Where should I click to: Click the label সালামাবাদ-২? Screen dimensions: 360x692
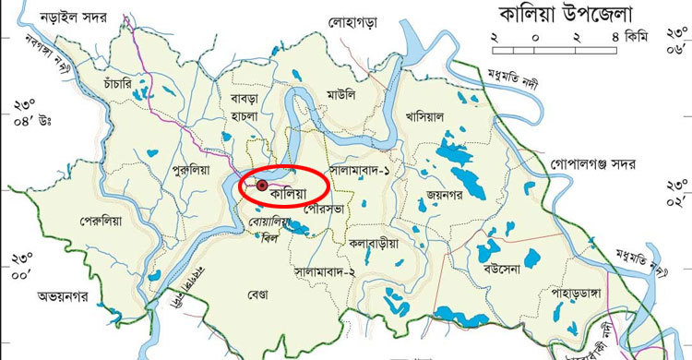tap(330, 273)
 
